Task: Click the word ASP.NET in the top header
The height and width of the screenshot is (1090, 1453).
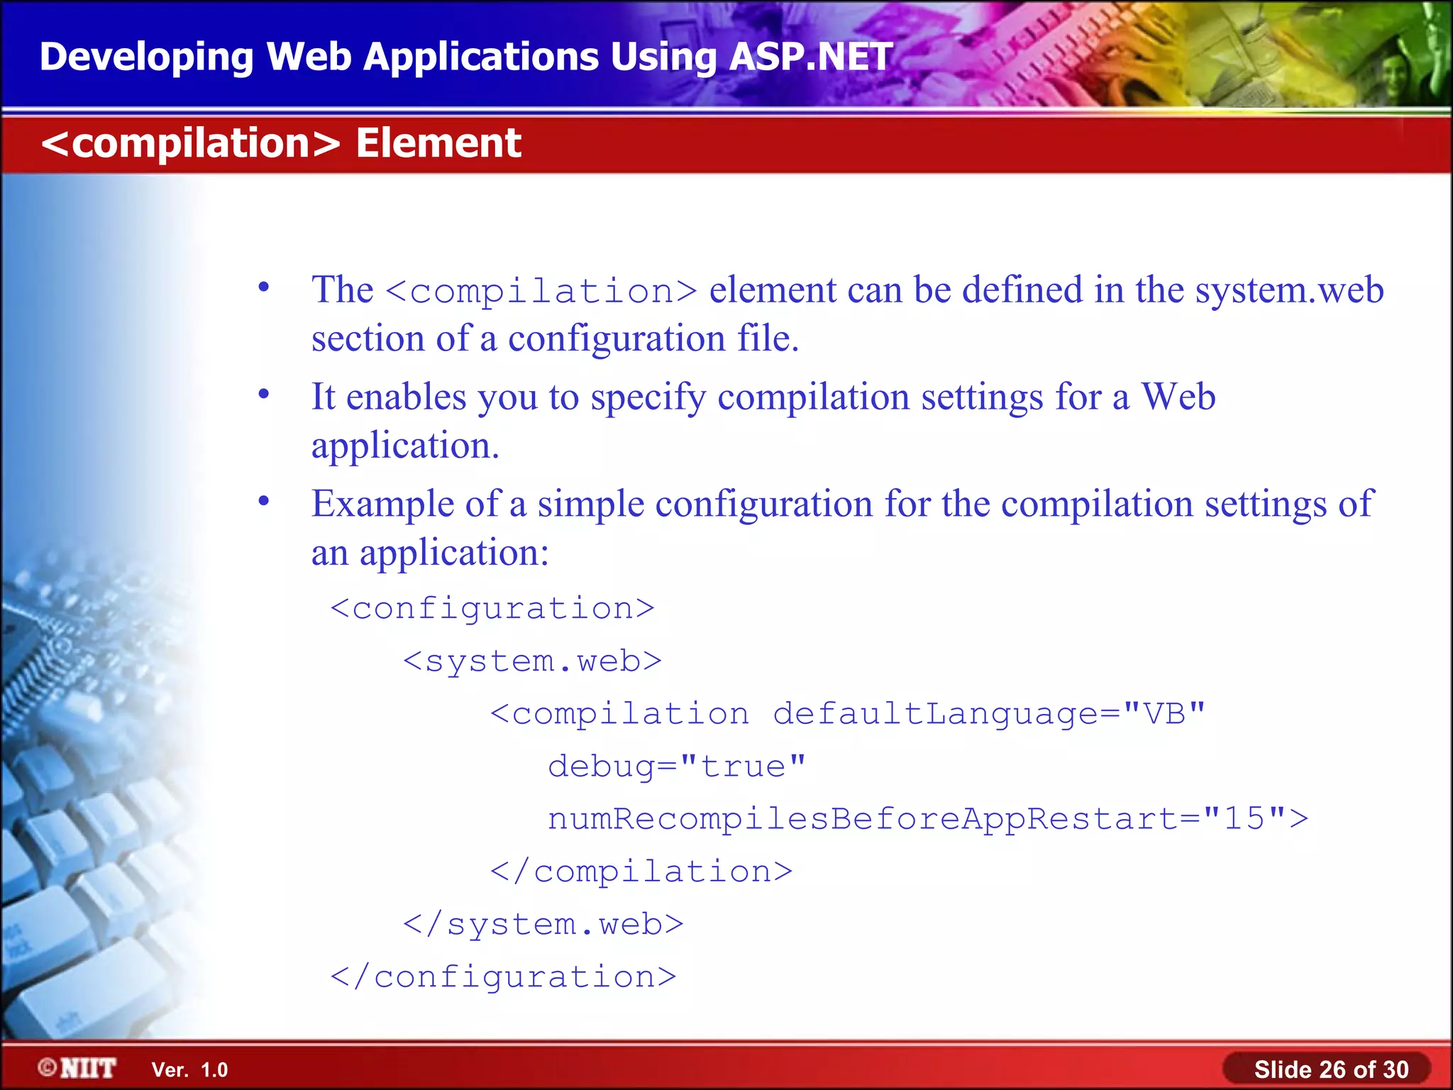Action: (x=810, y=57)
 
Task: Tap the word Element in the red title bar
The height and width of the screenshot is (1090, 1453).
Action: (x=438, y=143)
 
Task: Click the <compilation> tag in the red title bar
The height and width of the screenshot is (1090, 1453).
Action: (x=191, y=143)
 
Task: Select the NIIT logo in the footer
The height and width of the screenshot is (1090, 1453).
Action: (x=77, y=1068)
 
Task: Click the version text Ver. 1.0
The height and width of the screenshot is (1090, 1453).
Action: (x=189, y=1069)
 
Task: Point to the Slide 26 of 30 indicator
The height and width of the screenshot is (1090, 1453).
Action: (x=1330, y=1069)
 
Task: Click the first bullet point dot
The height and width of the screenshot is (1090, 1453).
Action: (x=264, y=287)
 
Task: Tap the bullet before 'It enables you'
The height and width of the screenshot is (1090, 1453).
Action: (x=264, y=394)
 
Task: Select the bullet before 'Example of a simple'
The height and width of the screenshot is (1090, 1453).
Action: (x=264, y=501)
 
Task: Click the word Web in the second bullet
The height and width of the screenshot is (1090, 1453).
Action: (x=1178, y=397)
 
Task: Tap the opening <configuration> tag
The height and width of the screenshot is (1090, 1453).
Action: (x=492, y=609)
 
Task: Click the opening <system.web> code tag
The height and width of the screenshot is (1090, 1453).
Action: (x=532, y=661)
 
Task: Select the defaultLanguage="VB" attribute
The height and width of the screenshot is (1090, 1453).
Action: (x=988, y=714)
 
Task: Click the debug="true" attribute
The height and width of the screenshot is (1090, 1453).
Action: (x=677, y=766)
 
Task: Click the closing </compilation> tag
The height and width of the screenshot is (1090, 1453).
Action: (x=641, y=871)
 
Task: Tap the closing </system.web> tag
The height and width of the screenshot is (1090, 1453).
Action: (x=543, y=924)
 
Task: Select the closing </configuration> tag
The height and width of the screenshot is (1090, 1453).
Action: (x=503, y=977)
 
